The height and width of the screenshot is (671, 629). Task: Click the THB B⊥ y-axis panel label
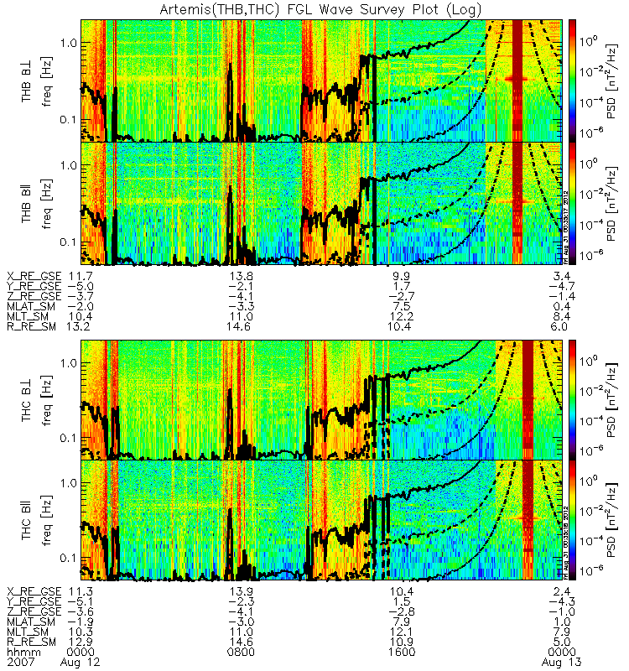coord(27,81)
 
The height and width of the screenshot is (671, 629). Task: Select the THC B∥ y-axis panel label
coord(27,519)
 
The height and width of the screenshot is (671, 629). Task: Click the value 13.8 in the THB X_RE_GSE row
coord(241,276)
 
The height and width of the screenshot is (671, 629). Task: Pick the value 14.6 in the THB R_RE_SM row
coord(241,326)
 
